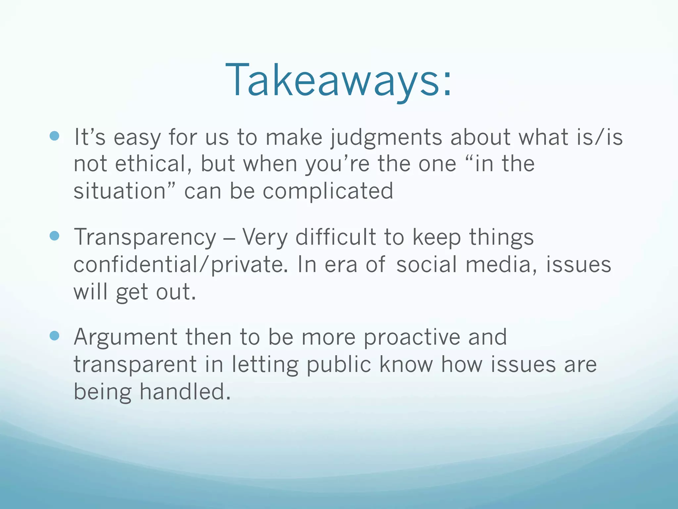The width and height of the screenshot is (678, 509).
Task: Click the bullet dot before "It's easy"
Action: (54, 136)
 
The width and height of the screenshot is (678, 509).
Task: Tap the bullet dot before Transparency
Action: (54, 236)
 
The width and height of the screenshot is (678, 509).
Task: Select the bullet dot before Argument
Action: (54, 336)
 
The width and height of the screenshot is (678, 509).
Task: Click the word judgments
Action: (386, 138)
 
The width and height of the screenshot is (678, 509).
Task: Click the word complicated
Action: (328, 191)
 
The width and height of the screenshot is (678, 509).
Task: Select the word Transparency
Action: (145, 238)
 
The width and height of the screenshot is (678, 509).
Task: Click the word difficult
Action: (335, 237)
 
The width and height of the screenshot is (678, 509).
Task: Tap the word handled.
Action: (185, 392)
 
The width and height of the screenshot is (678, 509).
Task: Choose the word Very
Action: (265, 238)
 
